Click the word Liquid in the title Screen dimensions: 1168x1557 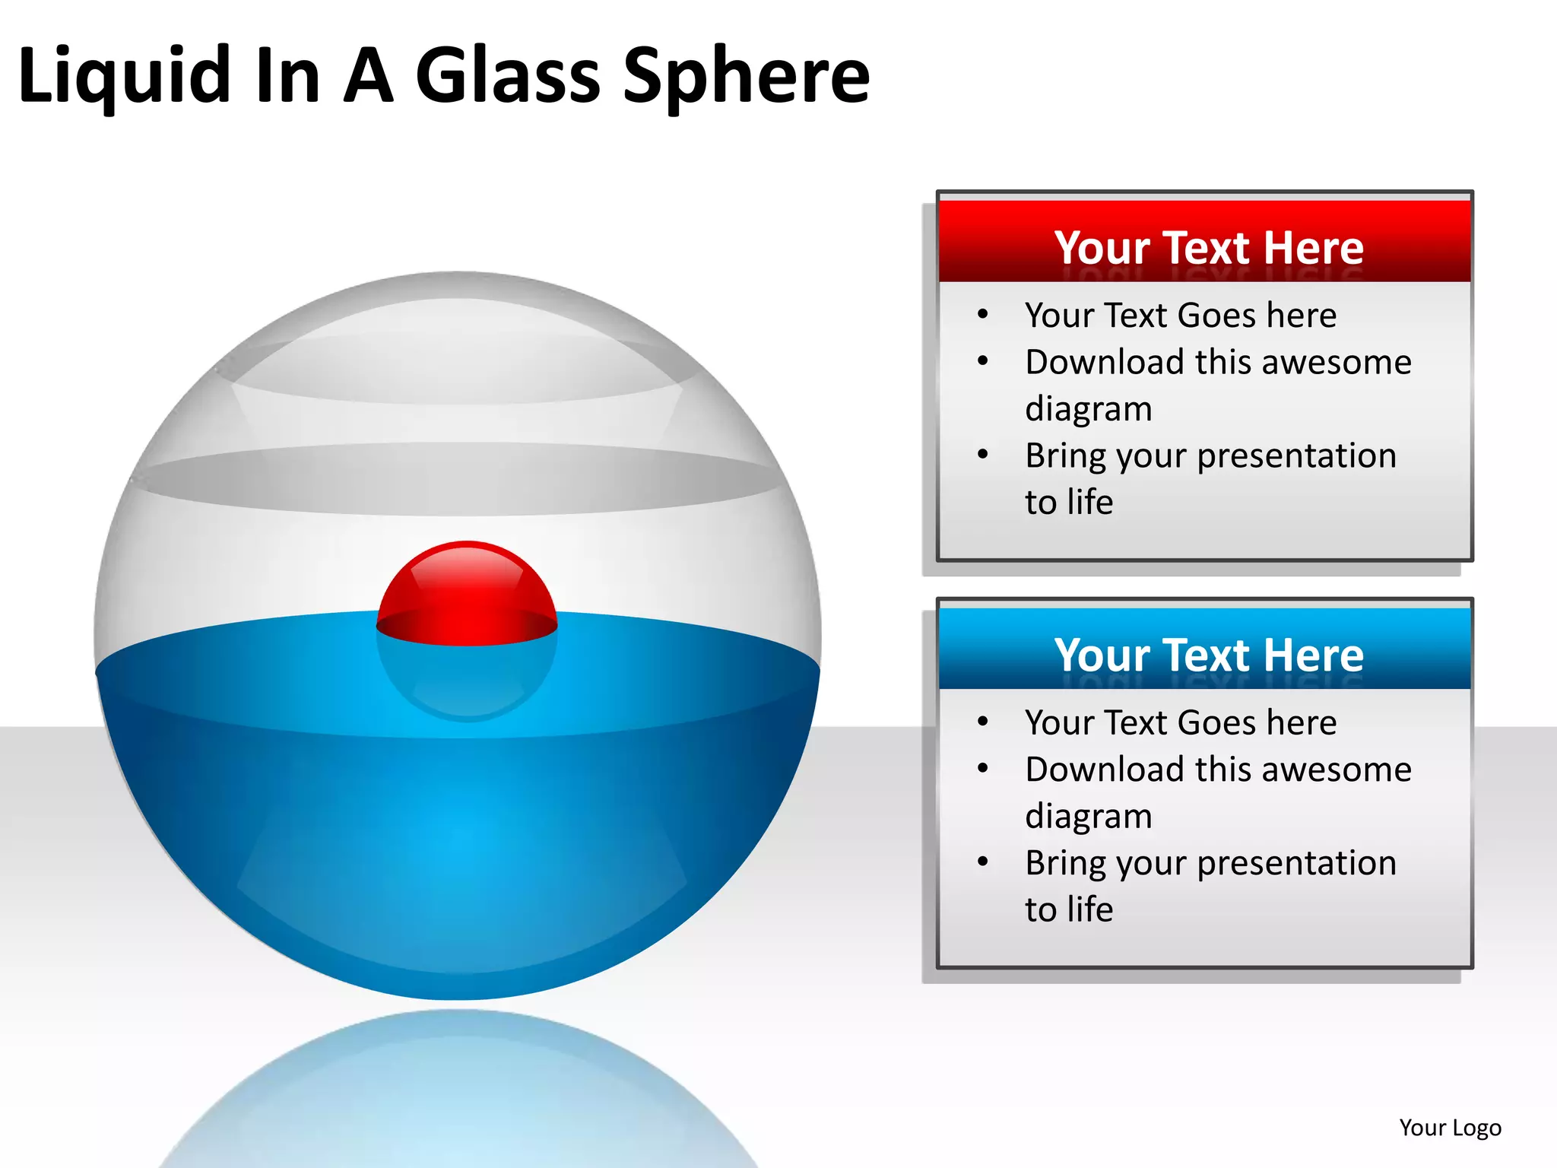(124, 76)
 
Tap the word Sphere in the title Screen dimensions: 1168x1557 (746, 76)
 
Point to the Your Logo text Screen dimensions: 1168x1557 (1450, 1127)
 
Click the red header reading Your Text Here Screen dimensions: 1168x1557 (1208, 247)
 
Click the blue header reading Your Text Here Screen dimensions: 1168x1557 (1208, 655)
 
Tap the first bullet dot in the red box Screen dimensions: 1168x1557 (983, 314)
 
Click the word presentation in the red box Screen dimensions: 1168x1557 (1296, 455)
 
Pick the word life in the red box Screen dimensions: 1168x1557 (1090, 502)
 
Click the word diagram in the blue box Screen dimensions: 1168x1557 (1088, 817)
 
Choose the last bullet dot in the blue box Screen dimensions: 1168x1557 (983, 862)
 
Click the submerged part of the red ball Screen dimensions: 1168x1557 (467, 681)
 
